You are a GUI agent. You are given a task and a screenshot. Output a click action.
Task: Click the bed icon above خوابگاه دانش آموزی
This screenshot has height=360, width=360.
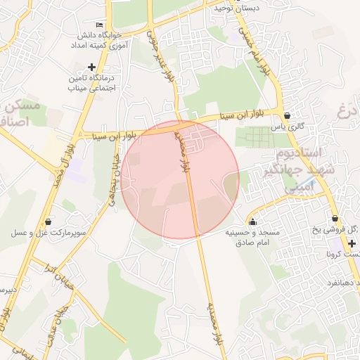[x=98, y=25]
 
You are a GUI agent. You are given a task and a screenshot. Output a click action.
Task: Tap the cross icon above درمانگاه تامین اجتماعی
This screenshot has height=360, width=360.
[x=91, y=67]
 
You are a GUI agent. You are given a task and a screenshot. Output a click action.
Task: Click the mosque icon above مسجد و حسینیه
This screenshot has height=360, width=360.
[x=252, y=222]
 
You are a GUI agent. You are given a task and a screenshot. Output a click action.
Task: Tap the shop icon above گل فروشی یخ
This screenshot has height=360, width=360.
[x=335, y=218]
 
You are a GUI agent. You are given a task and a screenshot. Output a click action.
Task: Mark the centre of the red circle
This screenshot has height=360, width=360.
[x=180, y=180]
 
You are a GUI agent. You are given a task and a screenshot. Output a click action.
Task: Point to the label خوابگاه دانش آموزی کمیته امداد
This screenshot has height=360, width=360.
[x=98, y=39]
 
